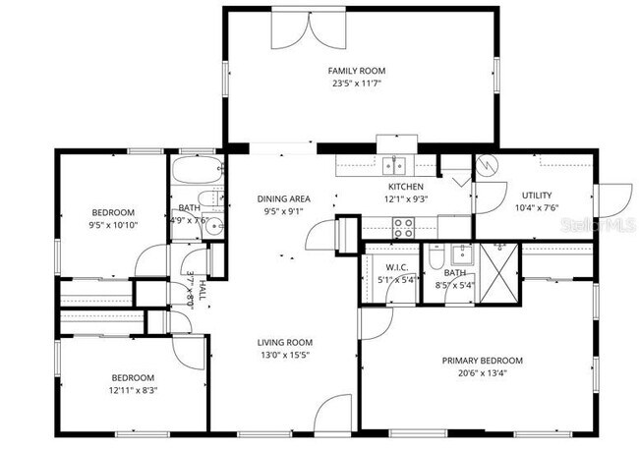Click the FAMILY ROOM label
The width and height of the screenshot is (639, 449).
click(357, 71)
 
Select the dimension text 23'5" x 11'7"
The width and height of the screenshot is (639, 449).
click(357, 84)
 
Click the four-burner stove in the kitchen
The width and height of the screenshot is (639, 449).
click(403, 228)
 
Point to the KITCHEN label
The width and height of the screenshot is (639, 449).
click(405, 187)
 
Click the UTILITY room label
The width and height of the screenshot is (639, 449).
click(536, 195)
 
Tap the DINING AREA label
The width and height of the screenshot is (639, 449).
click(284, 198)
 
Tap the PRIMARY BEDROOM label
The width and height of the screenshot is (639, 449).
click(482, 361)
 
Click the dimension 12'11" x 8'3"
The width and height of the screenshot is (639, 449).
click(132, 390)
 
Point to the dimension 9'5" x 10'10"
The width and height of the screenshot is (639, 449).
click(113, 225)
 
